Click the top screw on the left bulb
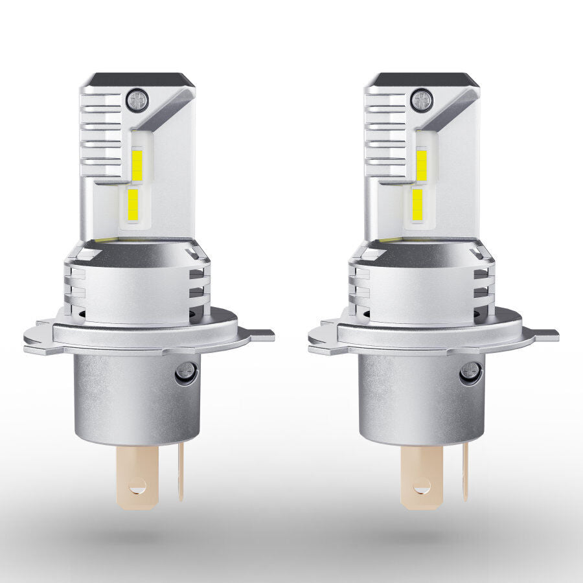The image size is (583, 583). click(x=137, y=98)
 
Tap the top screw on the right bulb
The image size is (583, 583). click(x=422, y=98)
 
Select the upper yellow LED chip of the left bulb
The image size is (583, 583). click(x=137, y=165)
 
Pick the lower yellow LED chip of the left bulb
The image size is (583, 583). click(x=133, y=204)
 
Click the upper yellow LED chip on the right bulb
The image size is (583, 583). click(x=422, y=165)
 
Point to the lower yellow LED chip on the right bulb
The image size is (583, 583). click(x=418, y=204)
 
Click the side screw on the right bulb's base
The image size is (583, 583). click(x=471, y=372)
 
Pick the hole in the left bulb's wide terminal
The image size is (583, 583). click(x=137, y=484)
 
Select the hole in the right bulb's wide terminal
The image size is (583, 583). click(x=421, y=484)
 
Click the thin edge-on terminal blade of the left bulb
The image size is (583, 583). click(x=181, y=473)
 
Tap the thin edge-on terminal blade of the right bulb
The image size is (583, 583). click(x=465, y=473)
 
